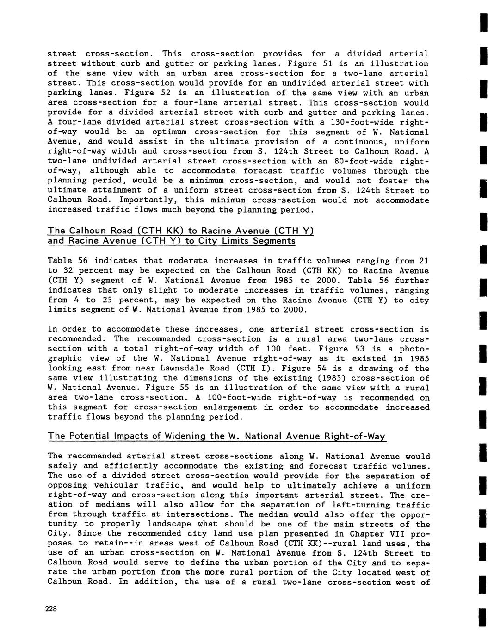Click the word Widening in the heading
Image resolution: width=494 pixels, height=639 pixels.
[181, 436]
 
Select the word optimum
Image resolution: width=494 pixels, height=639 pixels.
[173, 132]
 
